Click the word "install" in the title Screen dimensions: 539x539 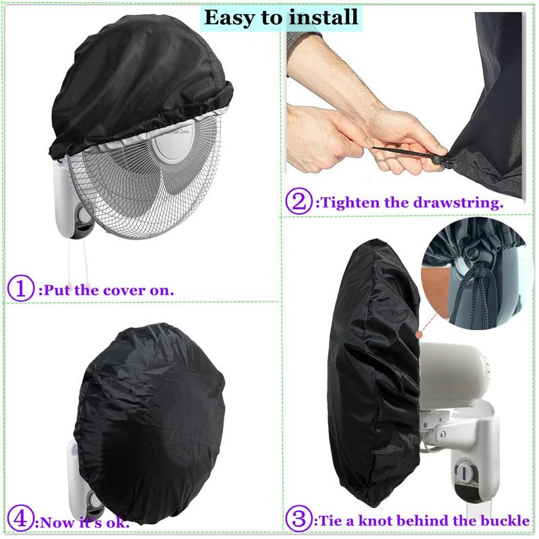[323, 18]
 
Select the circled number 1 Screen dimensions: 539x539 [21, 288]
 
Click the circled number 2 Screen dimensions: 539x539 [299, 201]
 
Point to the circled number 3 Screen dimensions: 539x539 [298, 519]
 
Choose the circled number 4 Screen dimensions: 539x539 [21, 522]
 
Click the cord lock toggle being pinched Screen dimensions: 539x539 [437, 160]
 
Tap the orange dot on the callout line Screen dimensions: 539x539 [418, 334]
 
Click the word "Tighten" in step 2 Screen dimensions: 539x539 [350, 203]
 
